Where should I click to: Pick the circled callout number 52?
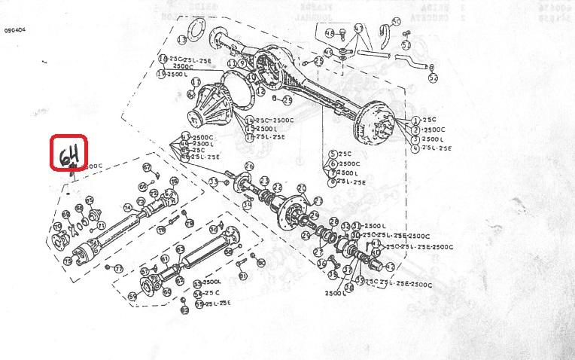432,78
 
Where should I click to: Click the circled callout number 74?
128,208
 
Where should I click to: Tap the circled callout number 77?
117,269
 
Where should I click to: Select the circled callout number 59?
132,297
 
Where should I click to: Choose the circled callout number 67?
147,167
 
